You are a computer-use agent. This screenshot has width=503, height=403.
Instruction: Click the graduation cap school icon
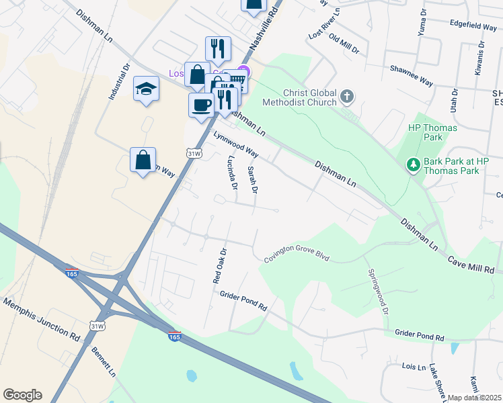click(146, 89)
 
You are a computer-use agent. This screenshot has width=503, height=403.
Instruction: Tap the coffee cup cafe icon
click(202, 105)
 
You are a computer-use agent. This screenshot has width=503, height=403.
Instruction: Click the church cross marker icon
click(346, 97)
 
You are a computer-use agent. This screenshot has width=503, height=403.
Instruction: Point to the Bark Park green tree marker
click(413, 163)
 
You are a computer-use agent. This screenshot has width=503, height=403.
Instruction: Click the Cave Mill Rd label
click(471, 265)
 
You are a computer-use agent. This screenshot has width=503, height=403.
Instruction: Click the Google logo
click(22, 395)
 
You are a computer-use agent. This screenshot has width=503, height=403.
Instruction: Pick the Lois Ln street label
click(414, 367)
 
